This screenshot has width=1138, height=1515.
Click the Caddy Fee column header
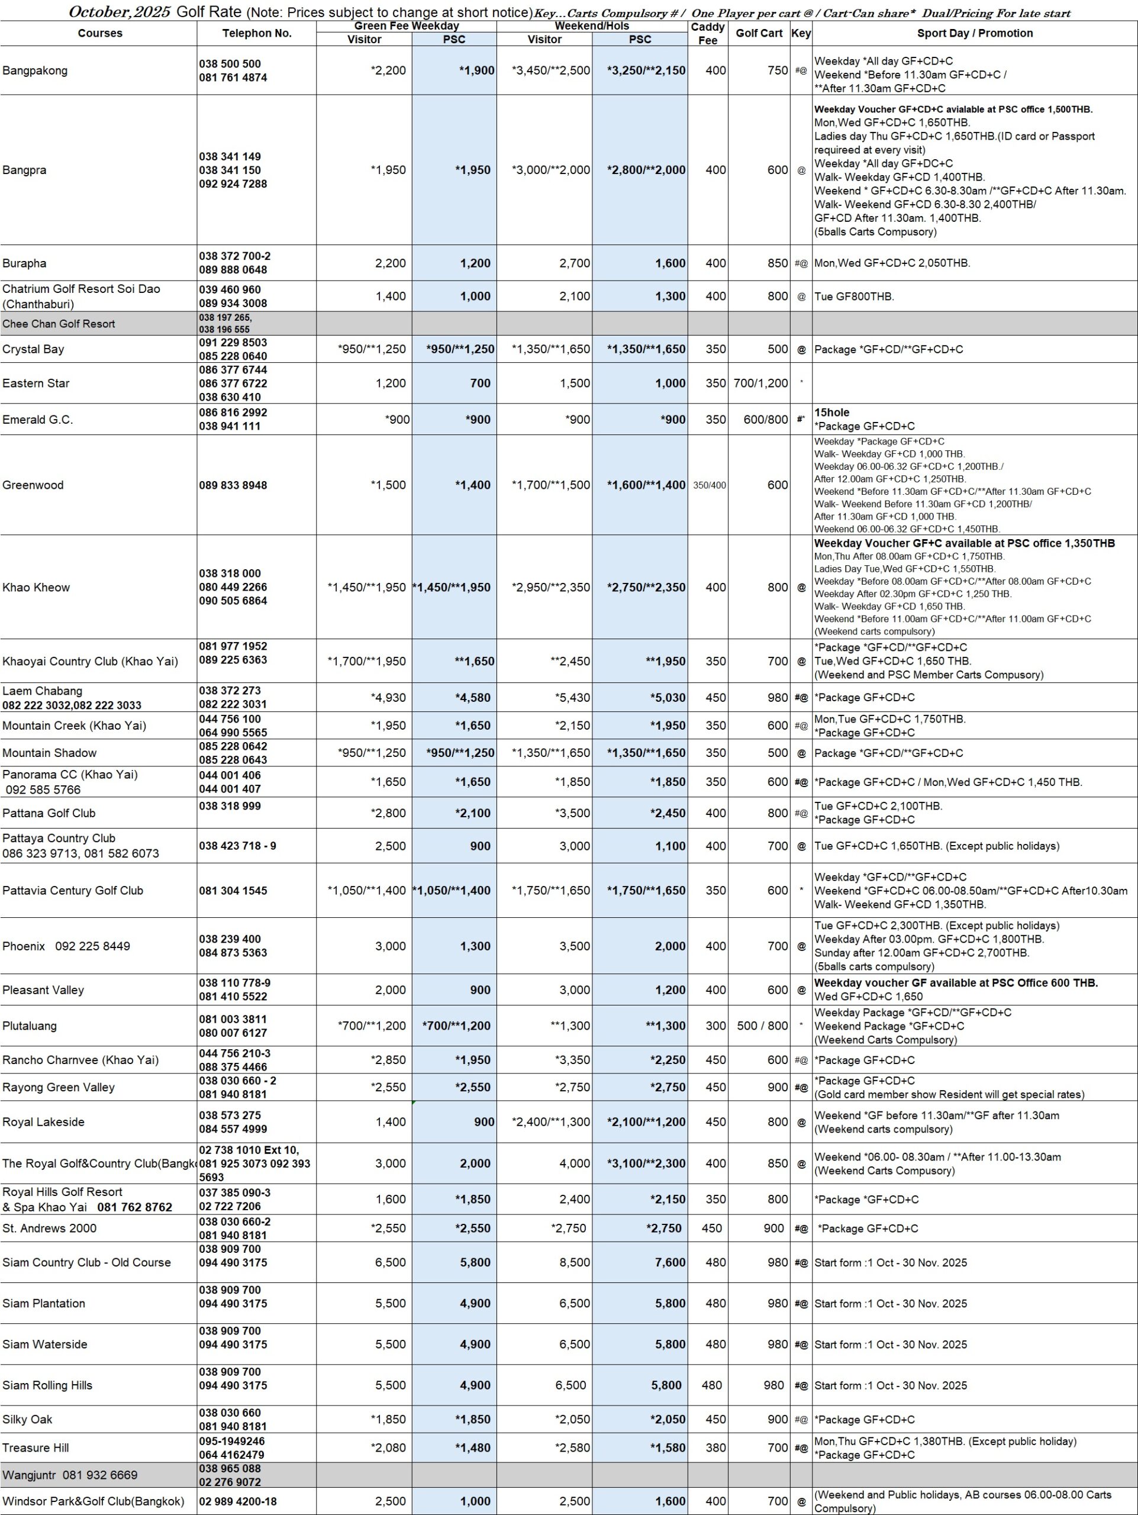[x=707, y=33]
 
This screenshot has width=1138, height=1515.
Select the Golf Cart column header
[x=759, y=33]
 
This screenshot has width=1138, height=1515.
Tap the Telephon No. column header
[x=257, y=33]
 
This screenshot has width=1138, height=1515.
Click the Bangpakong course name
[x=35, y=70]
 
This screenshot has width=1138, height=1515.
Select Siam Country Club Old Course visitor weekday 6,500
[x=391, y=1262]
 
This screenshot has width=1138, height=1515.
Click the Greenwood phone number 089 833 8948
[x=233, y=485]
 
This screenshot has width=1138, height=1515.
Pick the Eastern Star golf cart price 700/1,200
[x=760, y=383]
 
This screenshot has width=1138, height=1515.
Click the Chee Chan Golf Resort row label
[x=59, y=324]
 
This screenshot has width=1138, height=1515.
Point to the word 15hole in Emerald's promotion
[x=831, y=412]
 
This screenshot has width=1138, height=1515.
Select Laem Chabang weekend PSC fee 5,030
[x=668, y=697]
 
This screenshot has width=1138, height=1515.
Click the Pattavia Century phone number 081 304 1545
[x=233, y=891]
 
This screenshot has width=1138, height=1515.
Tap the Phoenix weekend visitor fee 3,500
[x=575, y=946]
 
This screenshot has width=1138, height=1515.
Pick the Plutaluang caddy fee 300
[x=715, y=1026]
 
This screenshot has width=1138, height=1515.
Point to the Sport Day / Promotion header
[x=974, y=33]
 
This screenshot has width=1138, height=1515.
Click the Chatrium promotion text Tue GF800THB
[x=854, y=296]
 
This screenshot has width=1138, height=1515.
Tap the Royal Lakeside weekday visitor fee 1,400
[x=391, y=1121]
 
